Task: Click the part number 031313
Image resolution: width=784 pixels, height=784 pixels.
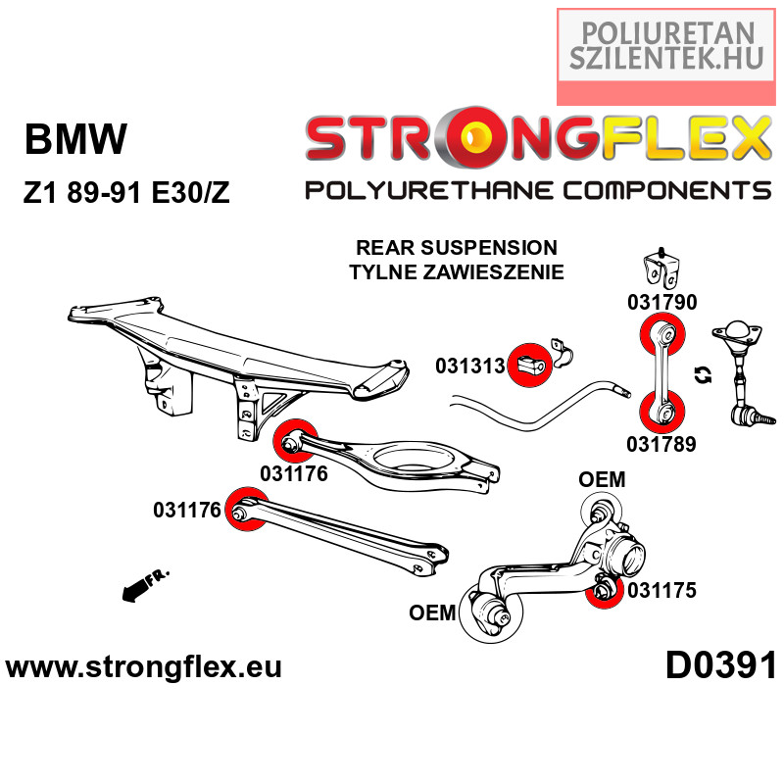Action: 469,367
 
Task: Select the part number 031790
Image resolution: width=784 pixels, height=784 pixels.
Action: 661,303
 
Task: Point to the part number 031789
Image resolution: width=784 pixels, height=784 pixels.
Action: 661,444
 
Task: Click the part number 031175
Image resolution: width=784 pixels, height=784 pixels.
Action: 661,590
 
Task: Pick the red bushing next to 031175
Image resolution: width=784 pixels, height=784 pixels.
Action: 605,590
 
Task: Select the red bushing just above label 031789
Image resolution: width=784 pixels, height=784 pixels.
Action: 661,413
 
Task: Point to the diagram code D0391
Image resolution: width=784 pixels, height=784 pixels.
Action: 720,666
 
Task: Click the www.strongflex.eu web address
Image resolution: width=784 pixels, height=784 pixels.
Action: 144,667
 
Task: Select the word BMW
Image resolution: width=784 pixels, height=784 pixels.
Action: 75,140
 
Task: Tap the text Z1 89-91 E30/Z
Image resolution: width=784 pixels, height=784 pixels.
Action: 126,192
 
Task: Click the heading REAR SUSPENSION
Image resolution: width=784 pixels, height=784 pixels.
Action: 456,248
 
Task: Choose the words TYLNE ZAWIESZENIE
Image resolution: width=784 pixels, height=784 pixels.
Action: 456,271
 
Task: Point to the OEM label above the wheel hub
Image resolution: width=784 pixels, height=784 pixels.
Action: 602,479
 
